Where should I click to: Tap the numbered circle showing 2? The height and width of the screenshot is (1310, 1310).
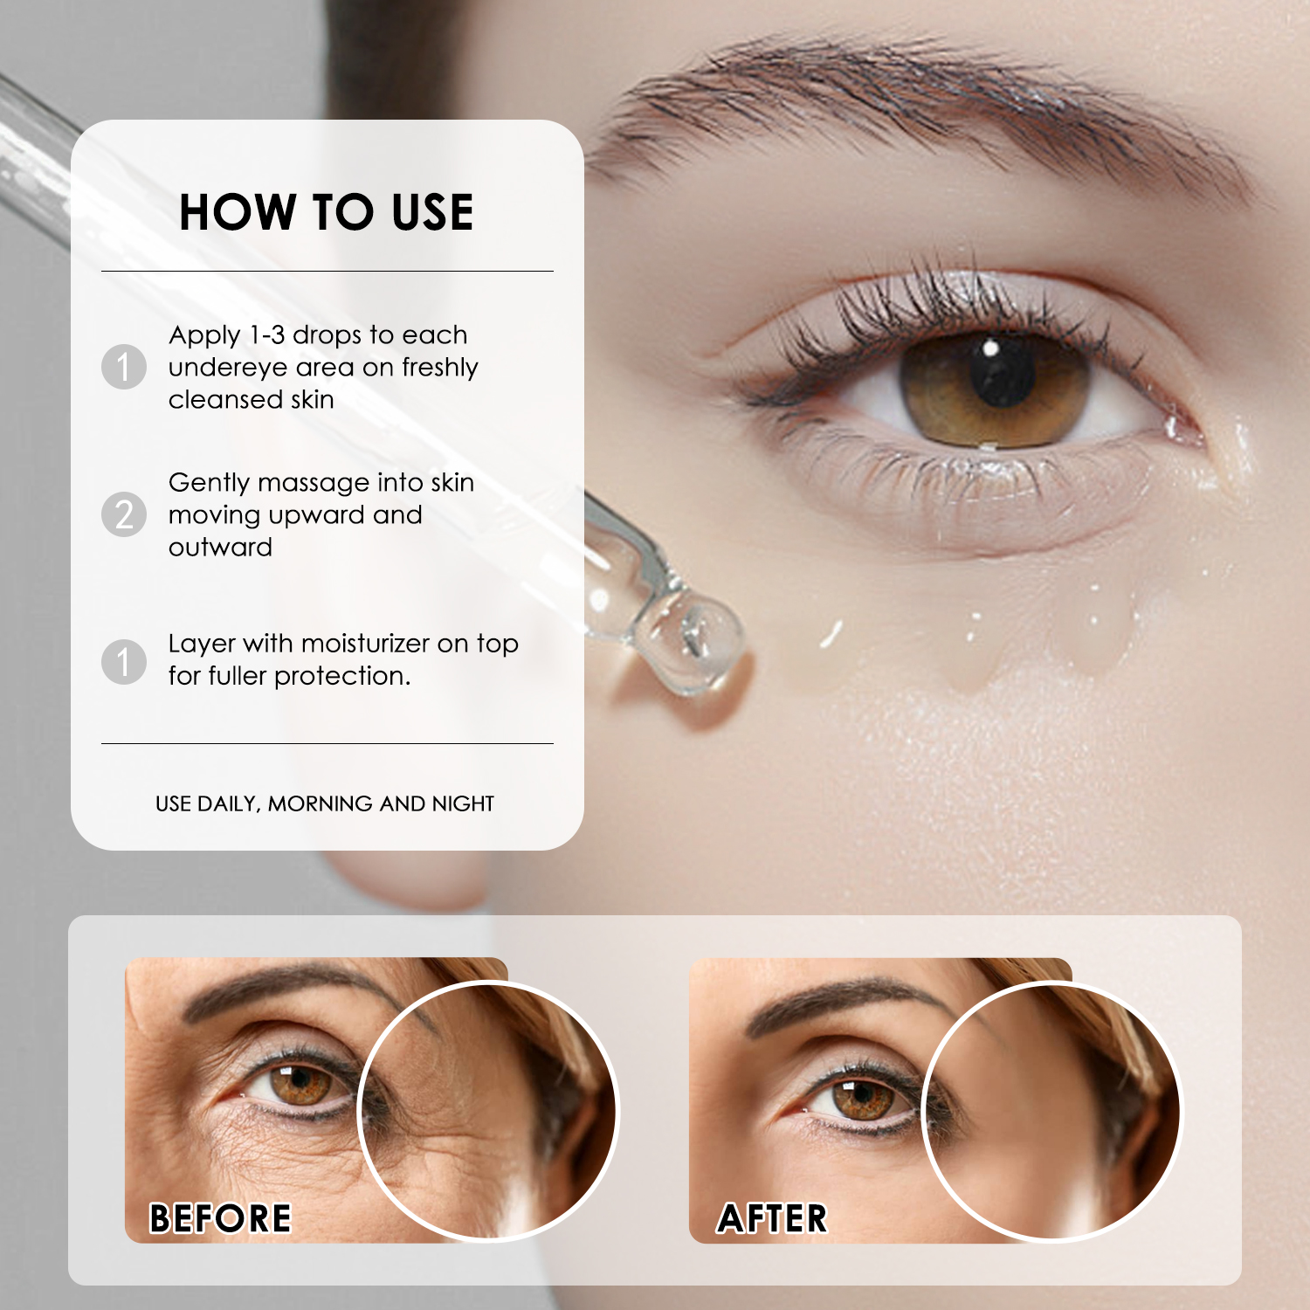pos(124,514)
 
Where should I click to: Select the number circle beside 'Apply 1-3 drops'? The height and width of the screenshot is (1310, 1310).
pos(124,366)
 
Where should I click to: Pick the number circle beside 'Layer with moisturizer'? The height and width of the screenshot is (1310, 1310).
pos(124,661)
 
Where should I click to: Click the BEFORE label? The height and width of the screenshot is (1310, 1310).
pos(220,1218)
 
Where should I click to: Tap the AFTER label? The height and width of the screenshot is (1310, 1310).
pos(772,1218)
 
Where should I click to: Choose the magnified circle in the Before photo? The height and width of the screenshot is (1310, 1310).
pos(487,1111)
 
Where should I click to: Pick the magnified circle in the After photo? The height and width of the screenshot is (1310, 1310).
pos(1051,1111)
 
